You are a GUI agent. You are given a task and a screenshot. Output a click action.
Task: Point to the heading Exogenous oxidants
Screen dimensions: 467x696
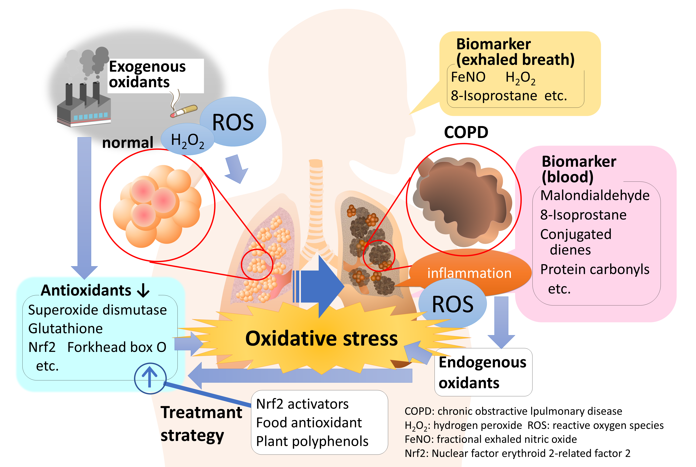click(147, 74)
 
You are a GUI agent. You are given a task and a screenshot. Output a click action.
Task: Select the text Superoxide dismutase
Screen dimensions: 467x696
click(97, 310)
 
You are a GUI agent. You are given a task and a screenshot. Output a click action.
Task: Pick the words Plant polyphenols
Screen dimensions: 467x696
click(312, 441)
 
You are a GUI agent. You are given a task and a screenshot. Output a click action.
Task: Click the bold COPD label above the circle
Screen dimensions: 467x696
click(466, 132)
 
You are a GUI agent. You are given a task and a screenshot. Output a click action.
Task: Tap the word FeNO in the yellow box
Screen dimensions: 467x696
click(468, 77)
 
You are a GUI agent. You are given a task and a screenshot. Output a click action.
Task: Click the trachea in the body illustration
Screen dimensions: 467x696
click(316, 203)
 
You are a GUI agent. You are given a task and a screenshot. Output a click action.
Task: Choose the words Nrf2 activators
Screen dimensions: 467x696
click(302, 404)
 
